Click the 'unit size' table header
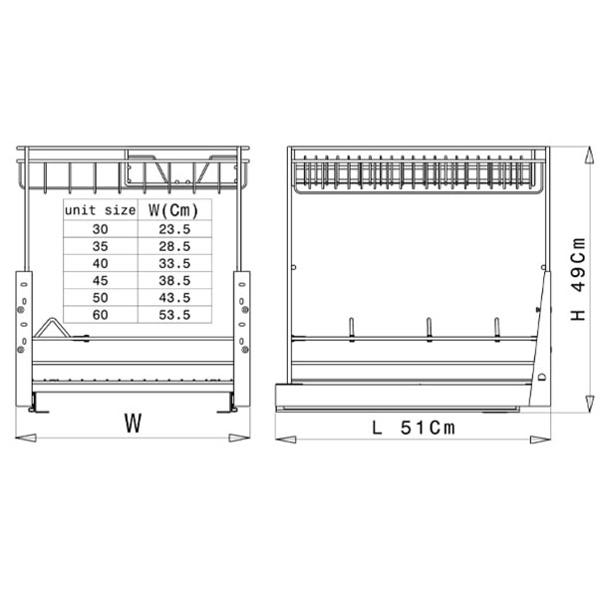(100, 210)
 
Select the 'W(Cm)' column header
(173, 210)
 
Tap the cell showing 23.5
(174, 229)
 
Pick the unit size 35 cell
(100, 246)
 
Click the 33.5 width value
(174, 263)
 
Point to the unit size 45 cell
(100, 281)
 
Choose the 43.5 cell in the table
(174, 298)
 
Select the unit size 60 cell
(100, 315)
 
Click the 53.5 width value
(174, 315)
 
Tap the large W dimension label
(134, 423)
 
